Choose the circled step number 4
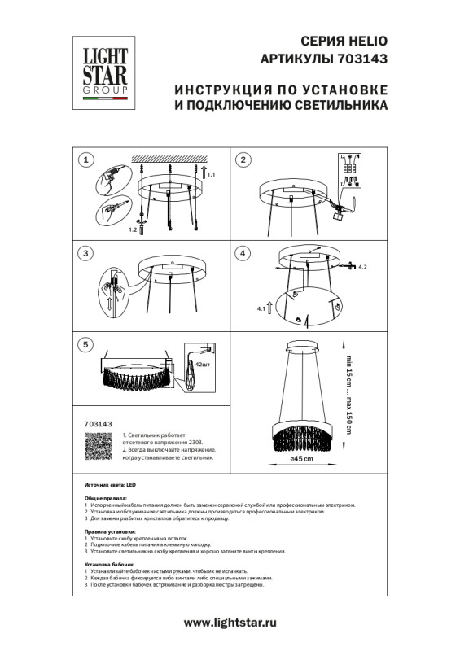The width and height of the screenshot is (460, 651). coord(242,253)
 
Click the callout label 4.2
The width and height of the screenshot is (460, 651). coord(363,267)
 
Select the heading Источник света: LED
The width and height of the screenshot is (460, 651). coord(112,483)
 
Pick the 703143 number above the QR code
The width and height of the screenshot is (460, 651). coord(99,425)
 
